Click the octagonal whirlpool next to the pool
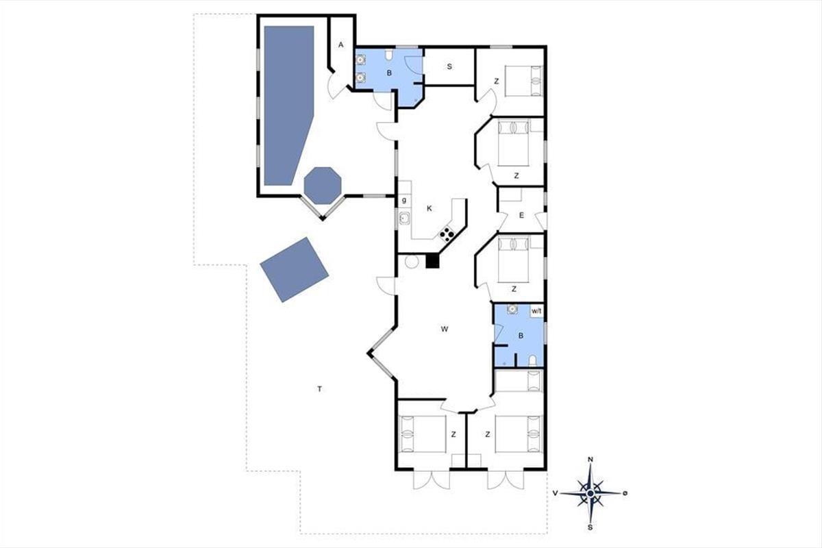point(323,186)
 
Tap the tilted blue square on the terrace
point(295,270)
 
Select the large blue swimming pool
point(289,105)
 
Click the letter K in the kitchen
point(429,208)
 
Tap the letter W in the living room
point(445,329)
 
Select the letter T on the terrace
point(320,389)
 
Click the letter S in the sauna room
point(449,67)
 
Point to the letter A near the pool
point(341,45)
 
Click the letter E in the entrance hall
point(521,216)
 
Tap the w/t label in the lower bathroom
point(536,311)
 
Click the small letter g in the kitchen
point(404,201)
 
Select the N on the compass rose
point(590,460)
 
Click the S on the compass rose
point(590,528)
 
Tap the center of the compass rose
point(590,493)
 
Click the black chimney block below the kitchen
point(432,260)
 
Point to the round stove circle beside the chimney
point(412,262)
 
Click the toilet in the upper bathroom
point(389,55)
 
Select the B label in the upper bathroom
point(389,73)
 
